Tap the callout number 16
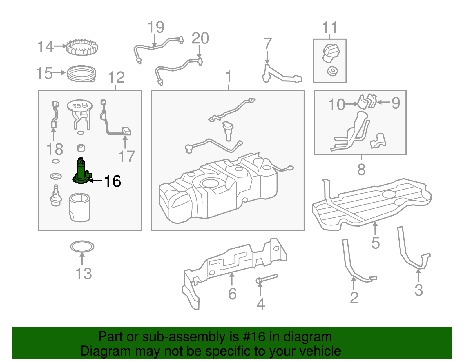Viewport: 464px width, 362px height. pos(113,181)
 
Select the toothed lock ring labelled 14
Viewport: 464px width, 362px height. pos(82,47)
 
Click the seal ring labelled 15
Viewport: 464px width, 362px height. pos(81,74)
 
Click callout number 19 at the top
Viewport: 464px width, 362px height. pos(156,27)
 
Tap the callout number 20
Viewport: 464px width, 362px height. pos(200,38)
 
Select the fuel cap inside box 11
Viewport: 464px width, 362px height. pos(331,53)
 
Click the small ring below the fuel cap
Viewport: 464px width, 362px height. pos(332,71)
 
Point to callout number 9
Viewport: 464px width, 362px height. pos(396,103)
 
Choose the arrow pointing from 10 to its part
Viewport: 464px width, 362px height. pos(351,104)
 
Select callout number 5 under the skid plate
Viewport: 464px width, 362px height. pos(376,243)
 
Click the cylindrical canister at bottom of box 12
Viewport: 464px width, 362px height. pos(80,208)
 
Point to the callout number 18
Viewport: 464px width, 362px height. pos(55,149)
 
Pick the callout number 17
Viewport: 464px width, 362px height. pos(127,156)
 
